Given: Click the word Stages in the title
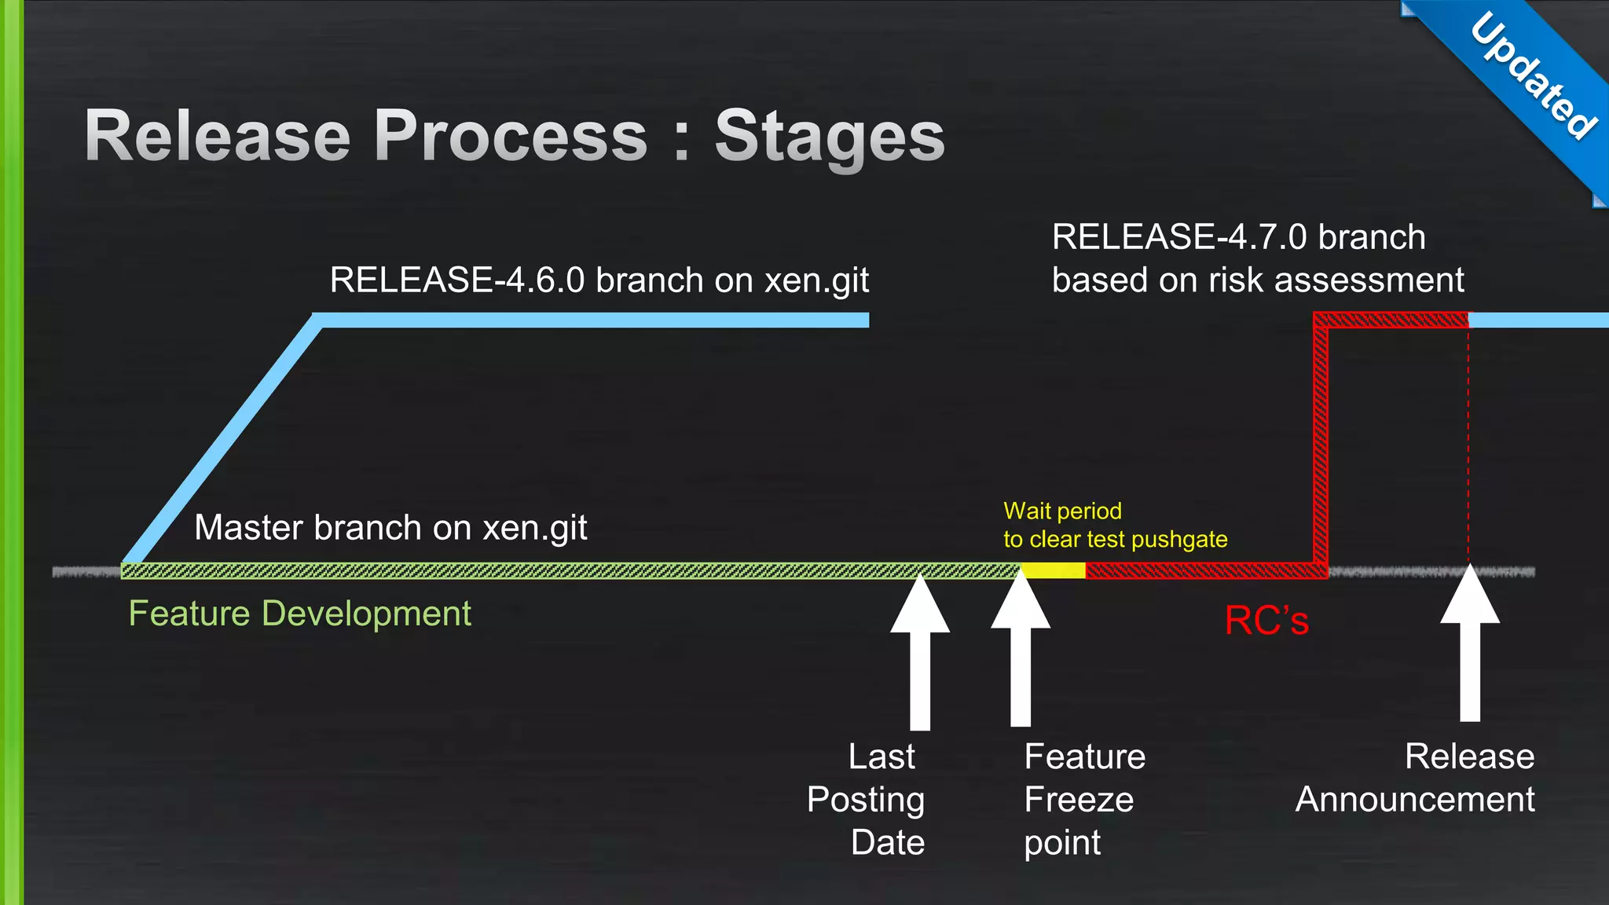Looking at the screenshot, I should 830,137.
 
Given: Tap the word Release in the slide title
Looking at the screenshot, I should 217,137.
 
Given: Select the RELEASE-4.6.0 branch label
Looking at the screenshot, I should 599,280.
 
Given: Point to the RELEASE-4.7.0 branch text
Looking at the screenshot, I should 1238,237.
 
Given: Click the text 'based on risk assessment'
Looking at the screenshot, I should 1258,280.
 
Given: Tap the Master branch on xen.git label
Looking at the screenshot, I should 390,528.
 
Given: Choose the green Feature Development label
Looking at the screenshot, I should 299,614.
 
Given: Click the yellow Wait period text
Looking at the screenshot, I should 1062,511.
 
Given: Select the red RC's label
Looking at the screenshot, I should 1266,621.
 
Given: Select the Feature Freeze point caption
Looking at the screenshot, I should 1084,800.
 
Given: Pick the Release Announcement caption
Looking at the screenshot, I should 1415,779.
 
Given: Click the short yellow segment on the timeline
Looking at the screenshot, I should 1053,571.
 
